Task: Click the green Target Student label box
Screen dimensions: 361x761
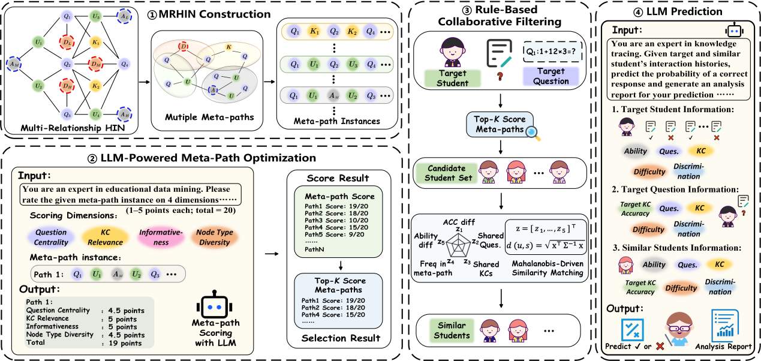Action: coord(452,78)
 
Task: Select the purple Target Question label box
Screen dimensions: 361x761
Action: coord(551,76)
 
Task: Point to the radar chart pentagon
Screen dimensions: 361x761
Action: coord(460,242)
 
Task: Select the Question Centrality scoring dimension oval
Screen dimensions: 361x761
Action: coord(51,237)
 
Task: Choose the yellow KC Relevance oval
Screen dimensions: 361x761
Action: coord(106,237)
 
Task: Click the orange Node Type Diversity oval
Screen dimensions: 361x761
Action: coord(214,237)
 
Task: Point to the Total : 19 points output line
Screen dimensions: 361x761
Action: coord(84,343)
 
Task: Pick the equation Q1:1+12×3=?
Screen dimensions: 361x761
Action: coord(551,51)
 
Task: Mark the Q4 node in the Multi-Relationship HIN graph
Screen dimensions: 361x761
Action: coord(125,64)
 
